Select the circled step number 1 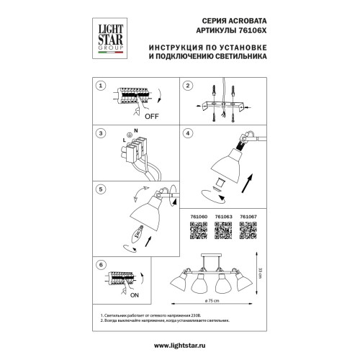(102, 86)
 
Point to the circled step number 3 (102, 134)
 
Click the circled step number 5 (102, 188)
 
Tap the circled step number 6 (102, 265)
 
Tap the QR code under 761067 (246, 229)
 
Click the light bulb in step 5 (136, 234)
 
